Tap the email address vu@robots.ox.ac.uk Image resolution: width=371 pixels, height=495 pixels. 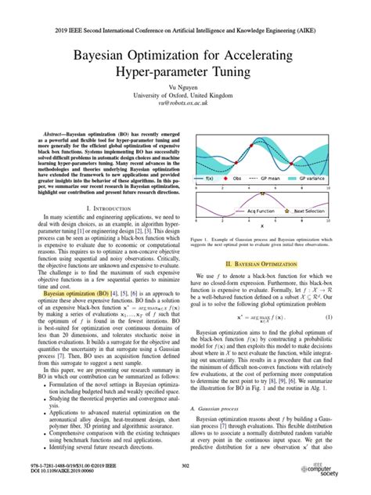(185, 103)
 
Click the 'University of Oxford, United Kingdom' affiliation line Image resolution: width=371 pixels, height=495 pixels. (185, 95)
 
